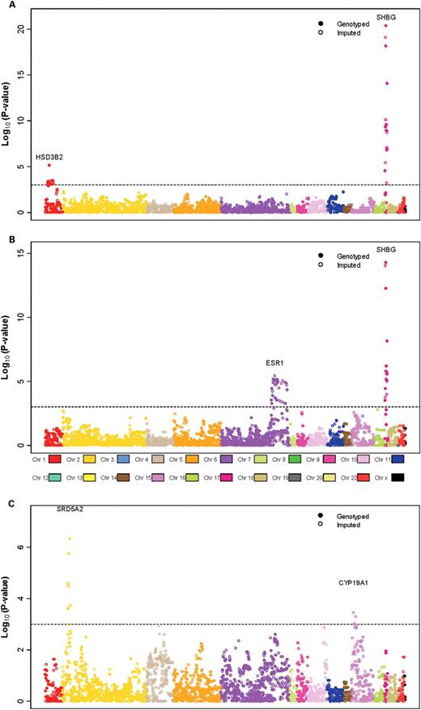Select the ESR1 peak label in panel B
point(275,364)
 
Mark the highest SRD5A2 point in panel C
point(70,539)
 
